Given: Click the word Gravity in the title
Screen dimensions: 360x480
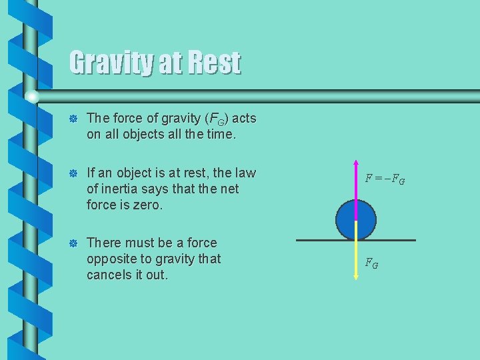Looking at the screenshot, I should click(110, 63).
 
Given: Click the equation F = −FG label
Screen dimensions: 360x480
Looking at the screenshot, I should click(385, 179).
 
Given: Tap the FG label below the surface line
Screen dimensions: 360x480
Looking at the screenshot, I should click(372, 263).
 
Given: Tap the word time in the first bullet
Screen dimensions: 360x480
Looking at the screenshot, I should click(219, 135).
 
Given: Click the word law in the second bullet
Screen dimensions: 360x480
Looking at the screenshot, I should click(244, 173).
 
